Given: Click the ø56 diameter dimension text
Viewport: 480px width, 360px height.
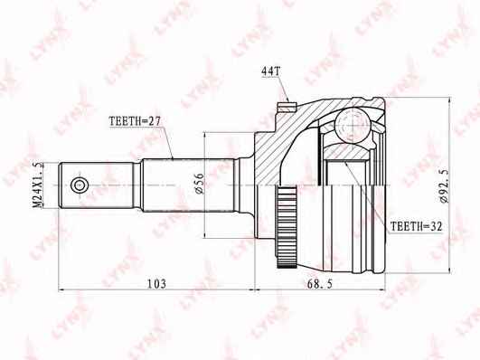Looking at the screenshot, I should tap(197, 184).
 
